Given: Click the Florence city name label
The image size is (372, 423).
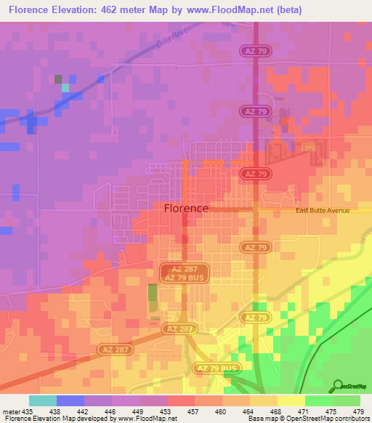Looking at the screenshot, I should (187, 208).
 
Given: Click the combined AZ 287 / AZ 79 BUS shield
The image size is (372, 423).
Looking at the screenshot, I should (185, 273).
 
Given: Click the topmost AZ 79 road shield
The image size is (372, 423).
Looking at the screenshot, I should (254, 50).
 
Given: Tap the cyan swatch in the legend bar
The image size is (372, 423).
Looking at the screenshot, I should (43, 400).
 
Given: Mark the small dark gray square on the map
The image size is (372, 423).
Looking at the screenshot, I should (58, 78).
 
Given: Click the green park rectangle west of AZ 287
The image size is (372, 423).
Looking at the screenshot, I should (153, 295).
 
